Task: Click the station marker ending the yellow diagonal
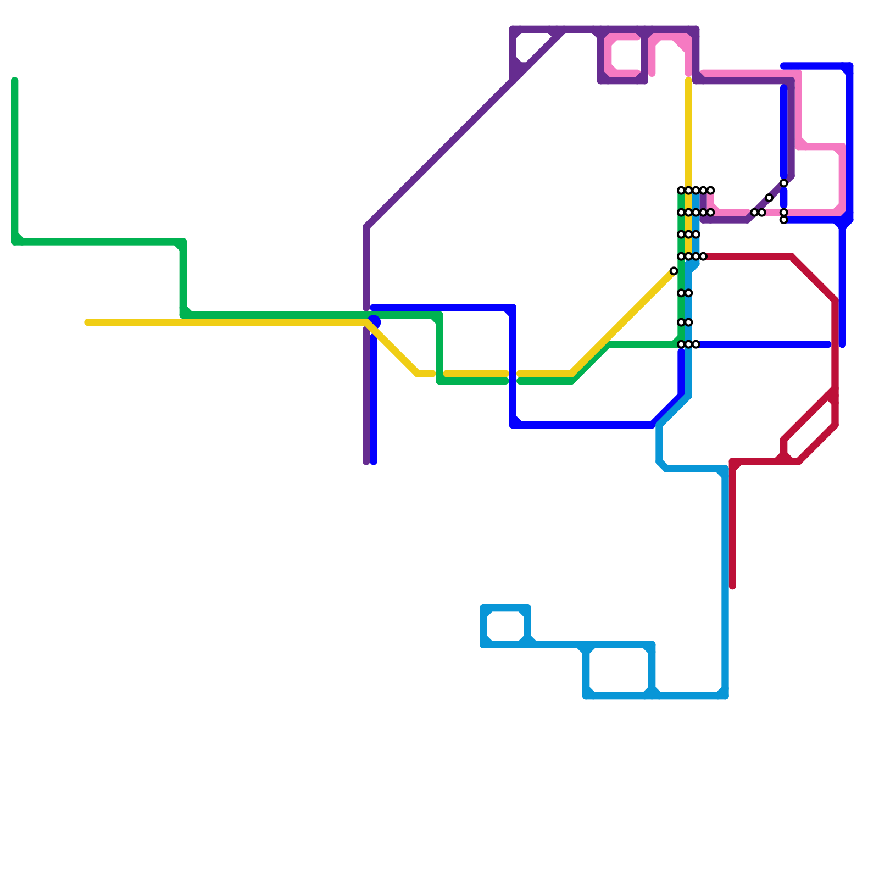pyautogui.click(x=674, y=271)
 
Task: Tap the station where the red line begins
pyautogui.click(x=703, y=257)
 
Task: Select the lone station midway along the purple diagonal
pyautogui.click(x=769, y=198)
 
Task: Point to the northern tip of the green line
pyautogui.click(x=15, y=81)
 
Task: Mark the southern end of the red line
pyautogui.click(x=732, y=587)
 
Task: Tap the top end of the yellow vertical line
pyautogui.click(x=688, y=81)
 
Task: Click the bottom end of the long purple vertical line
pyautogui.click(x=366, y=461)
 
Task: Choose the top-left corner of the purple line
pyautogui.click(x=513, y=30)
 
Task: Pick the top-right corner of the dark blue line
pyautogui.click(x=849, y=66)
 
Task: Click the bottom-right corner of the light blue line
pyautogui.click(x=725, y=696)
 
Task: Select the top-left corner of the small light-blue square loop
pyautogui.click(x=484, y=608)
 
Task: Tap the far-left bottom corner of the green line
pyautogui.click(x=15, y=242)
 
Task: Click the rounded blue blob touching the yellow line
pyautogui.click(x=375, y=322)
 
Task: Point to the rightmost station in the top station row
pyautogui.click(x=711, y=190)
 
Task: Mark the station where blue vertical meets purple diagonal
pyautogui.click(x=784, y=183)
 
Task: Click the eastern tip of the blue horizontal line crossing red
pyautogui.click(x=828, y=344)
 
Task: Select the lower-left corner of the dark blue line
pyautogui.click(x=513, y=425)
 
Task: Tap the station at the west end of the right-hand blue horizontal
pyautogui.click(x=783, y=220)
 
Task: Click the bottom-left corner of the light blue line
pyautogui.click(x=587, y=696)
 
